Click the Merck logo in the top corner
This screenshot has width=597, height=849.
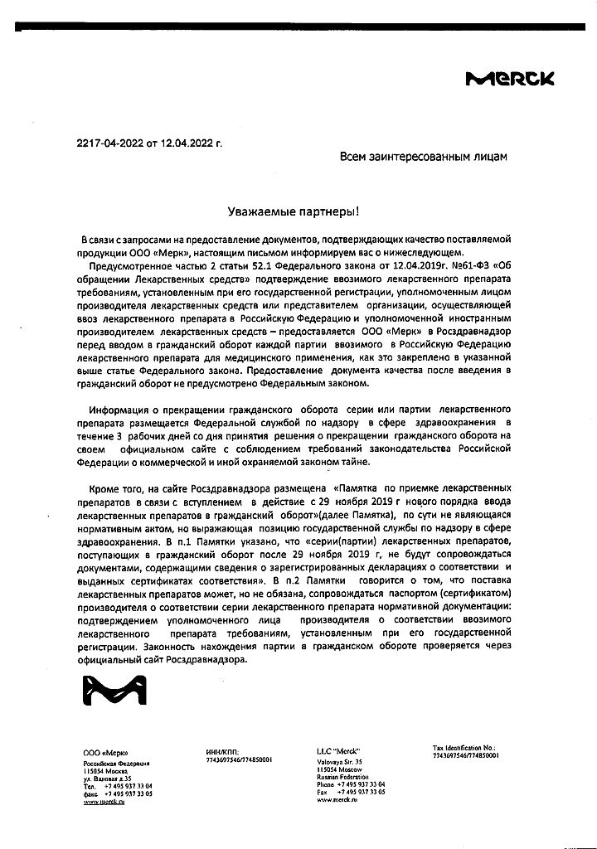pos(511,79)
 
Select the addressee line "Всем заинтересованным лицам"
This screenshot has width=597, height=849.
pos(422,155)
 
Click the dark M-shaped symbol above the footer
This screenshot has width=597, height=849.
pos(108,697)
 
